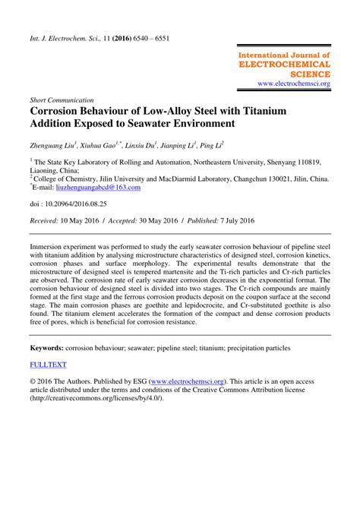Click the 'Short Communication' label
[x=61, y=99]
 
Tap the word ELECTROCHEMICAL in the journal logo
[x=284, y=65]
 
